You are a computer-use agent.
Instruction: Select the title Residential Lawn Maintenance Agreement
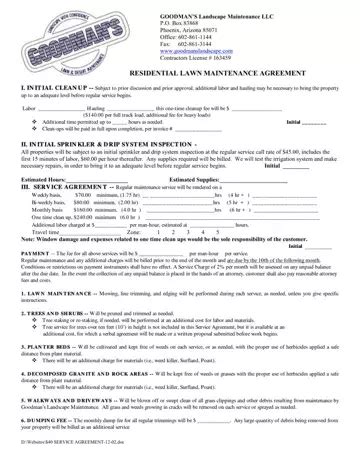181,85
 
